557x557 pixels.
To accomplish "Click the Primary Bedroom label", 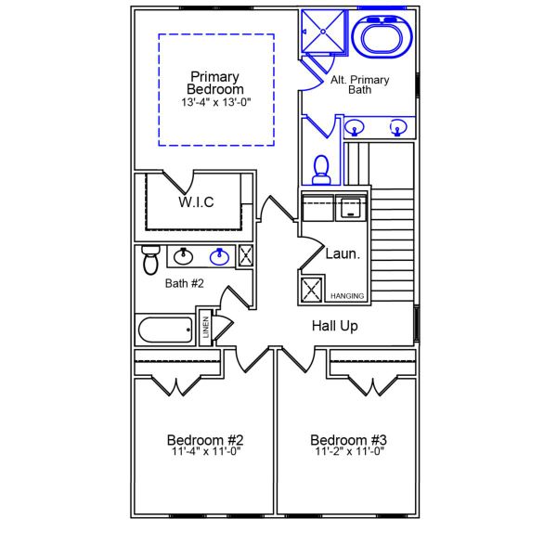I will point(215,83).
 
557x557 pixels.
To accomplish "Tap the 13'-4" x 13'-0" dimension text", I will point(215,102).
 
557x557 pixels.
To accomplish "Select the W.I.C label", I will point(196,201).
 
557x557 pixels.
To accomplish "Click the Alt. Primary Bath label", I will point(360,85).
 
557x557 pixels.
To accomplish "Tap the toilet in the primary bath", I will point(322,168).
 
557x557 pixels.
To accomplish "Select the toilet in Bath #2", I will point(149,259).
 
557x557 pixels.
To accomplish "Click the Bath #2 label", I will point(184,283).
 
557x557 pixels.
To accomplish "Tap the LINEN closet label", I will point(206,328).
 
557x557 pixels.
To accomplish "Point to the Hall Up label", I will point(334,326).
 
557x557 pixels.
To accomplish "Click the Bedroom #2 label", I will point(205,439).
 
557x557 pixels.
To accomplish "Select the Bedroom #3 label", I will point(348,439).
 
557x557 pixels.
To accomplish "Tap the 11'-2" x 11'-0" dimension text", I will point(348,452).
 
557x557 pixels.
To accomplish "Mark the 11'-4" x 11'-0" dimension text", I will point(205,452).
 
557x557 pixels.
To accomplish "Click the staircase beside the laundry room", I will point(392,241).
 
